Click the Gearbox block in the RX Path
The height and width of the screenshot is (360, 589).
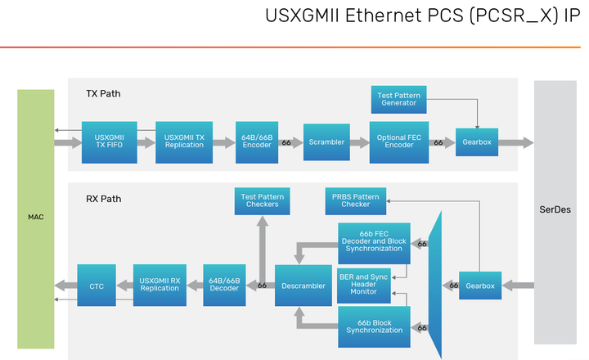pos(479,285)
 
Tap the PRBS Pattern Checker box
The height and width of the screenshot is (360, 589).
pos(356,200)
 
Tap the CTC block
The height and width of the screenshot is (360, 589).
pos(97,285)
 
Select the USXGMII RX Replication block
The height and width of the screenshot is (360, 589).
pos(160,285)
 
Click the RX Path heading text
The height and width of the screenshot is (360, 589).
pos(103,198)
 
